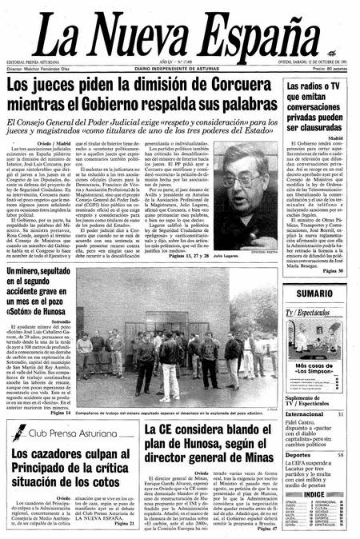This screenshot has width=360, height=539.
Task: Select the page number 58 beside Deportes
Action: (x=341, y=433)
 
